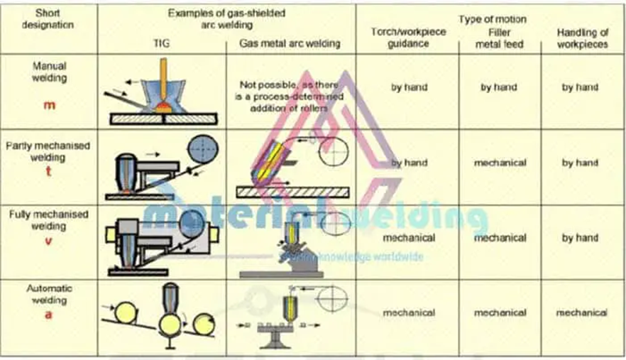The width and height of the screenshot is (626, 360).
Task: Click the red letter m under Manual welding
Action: point(49,106)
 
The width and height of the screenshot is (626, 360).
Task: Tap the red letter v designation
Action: point(49,241)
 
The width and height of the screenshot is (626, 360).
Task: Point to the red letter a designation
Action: point(49,315)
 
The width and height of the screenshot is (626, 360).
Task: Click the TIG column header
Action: point(162,43)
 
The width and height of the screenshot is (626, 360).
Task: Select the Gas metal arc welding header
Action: point(290,43)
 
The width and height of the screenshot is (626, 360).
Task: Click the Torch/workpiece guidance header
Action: point(400,38)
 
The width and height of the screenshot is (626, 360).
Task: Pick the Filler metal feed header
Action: point(500,38)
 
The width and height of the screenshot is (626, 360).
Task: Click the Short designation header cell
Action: point(48,19)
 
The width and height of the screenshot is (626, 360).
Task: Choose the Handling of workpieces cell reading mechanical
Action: point(581,312)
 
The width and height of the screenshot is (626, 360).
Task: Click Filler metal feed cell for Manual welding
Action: point(500,87)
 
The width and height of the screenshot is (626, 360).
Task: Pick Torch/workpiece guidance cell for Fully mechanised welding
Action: point(408,238)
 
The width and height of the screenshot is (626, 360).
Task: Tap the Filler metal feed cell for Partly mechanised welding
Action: point(500,163)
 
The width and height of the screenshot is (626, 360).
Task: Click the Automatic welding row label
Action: point(49,294)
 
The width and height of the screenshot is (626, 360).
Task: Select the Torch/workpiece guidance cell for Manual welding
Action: point(409,87)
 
